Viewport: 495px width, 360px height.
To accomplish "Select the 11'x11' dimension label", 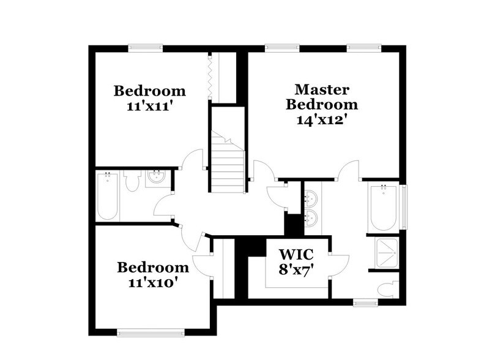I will pyautogui.click(x=150, y=106).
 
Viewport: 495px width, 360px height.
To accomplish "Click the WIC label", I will pyautogui.click(x=296, y=253).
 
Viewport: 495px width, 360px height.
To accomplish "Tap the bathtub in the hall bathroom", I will pyautogui.click(x=108, y=197).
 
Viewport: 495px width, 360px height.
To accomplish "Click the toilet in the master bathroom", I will pyautogui.click(x=387, y=288).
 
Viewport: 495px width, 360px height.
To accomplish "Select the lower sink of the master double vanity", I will pyautogui.click(x=310, y=217).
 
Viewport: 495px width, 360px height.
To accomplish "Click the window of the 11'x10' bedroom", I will pyautogui.click(x=151, y=334).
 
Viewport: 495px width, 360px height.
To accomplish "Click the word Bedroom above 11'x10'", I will pyautogui.click(x=153, y=268).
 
